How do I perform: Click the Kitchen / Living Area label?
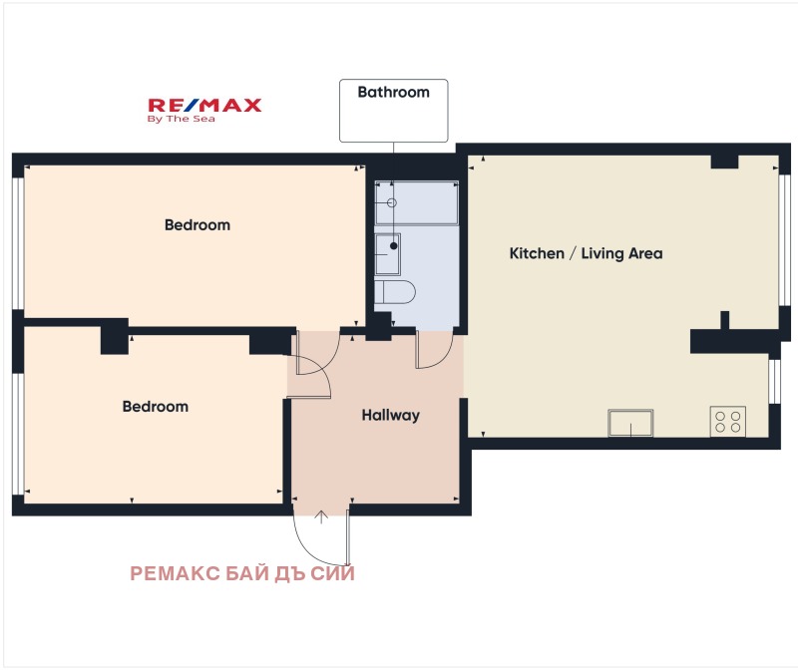tap(586, 253)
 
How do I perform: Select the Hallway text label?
tap(390, 415)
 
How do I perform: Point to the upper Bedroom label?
tap(197, 225)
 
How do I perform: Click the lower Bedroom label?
tap(156, 407)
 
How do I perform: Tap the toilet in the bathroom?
tap(395, 291)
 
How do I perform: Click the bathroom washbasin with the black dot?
tap(387, 254)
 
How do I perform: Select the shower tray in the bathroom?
tap(416, 202)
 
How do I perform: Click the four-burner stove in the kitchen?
tap(728, 421)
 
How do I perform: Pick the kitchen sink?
tap(630, 423)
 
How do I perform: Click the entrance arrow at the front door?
tap(320, 516)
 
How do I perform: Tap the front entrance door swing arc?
tap(311, 548)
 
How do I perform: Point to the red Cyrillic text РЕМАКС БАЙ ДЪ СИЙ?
tap(242, 573)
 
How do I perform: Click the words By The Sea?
tap(182, 119)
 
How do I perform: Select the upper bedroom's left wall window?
tap(18, 243)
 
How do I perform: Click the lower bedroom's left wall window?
tap(18, 434)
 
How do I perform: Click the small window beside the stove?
tap(774, 381)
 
